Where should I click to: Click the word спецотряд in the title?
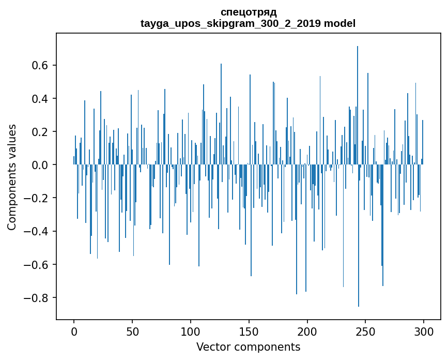click(x=248, y=12)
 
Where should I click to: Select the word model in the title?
click(x=339, y=24)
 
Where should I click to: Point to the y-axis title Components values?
click(x=12, y=177)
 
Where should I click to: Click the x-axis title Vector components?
click(x=248, y=347)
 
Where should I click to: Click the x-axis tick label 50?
click(x=132, y=331)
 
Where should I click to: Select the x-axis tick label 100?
click(x=191, y=331)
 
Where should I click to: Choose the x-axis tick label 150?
click(x=249, y=331)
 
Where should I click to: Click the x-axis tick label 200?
click(x=307, y=331)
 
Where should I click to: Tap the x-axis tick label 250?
click(x=366, y=331)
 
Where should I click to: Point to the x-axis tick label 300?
click(x=424, y=331)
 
